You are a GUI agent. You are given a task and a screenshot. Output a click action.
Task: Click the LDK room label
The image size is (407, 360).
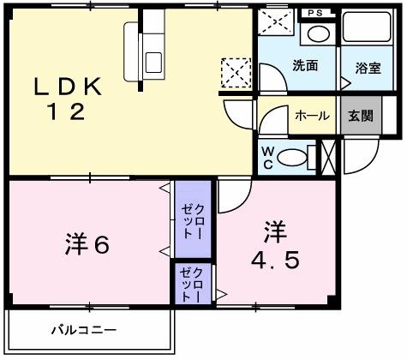point(69,87)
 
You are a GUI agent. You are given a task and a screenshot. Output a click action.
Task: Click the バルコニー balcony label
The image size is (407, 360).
point(82,329)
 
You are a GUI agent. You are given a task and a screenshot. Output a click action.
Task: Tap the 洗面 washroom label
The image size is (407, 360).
point(303,66)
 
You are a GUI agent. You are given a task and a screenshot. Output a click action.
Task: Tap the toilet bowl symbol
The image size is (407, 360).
point(295,156)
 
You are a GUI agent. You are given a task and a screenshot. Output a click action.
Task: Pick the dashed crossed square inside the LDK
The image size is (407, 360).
point(235,72)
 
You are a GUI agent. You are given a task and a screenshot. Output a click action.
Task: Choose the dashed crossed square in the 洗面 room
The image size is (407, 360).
point(272,25)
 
